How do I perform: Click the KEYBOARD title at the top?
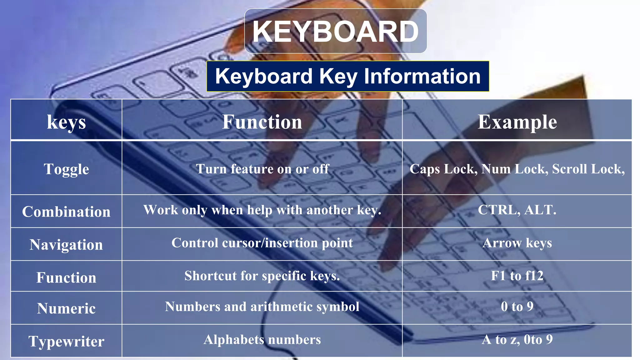pyautogui.click(x=335, y=31)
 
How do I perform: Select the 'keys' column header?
pyautogui.click(x=66, y=122)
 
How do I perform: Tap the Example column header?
pyautogui.click(x=517, y=122)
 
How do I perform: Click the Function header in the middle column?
pyautogui.click(x=262, y=122)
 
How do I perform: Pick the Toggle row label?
pyautogui.click(x=66, y=169)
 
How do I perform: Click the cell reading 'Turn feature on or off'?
pyautogui.click(x=262, y=169)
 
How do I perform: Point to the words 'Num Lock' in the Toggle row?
pyautogui.click(x=514, y=169)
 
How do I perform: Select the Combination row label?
pyautogui.click(x=66, y=212)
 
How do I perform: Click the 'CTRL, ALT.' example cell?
pyautogui.click(x=517, y=210)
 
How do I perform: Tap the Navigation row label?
pyautogui.click(x=66, y=244)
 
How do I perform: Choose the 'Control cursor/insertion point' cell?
pyautogui.click(x=262, y=243)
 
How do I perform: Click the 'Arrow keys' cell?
pyautogui.click(x=517, y=243)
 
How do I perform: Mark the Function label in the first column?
pyautogui.click(x=66, y=277)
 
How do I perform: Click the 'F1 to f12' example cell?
pyautogui.click(x=517, y=276)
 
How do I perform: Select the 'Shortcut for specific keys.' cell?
pyautogui.click(x=262, y=276)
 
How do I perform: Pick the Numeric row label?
pyautogui.click(x=66, y=308)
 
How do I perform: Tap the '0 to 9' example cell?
pyautogui.click(x=517, y=306)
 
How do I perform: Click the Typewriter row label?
pyautogui.click(x=66, y=341)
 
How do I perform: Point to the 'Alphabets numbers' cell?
pyautogui.click(x=262, y=339)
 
